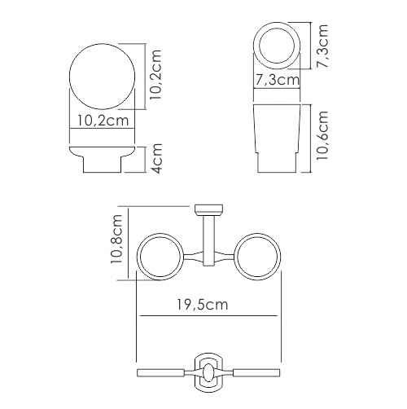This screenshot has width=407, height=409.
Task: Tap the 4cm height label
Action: pos(157,161)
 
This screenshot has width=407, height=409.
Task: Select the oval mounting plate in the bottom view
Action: pos(209,372)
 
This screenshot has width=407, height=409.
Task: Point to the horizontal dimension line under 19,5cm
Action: pos(210,316)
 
